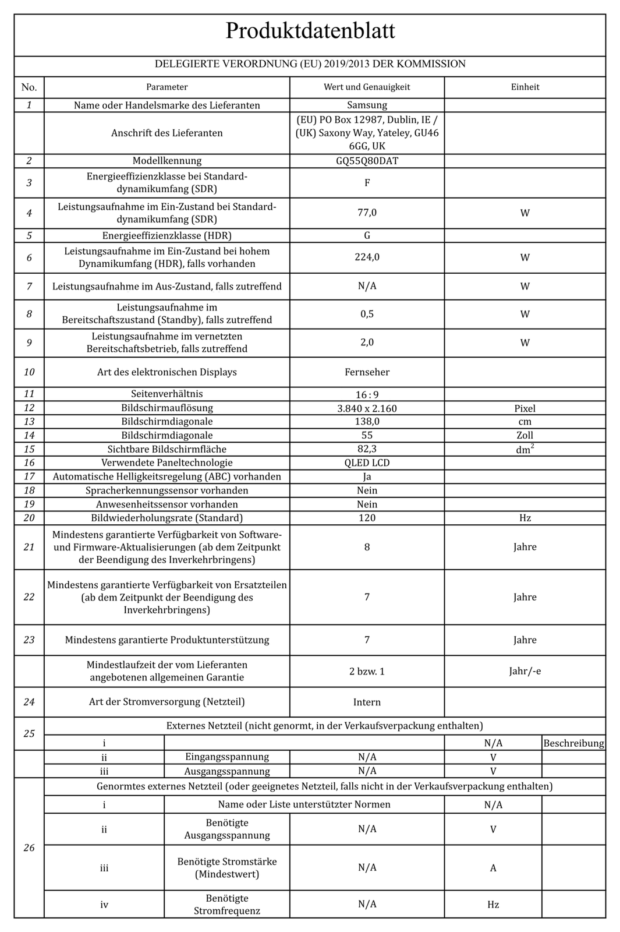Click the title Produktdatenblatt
click(310, 31)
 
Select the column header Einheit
click(525, 87)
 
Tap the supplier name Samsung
click(367, 105)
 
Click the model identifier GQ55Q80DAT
click(367, 161)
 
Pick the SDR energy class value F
click(367, 183)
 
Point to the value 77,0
click(367, 213)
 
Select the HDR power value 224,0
click(367, 257)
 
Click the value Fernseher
click(367, 372)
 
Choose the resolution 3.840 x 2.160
click(367, 408)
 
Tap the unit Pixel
click(525, 408)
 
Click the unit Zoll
click(525, 435)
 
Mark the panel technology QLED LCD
click(367, 463)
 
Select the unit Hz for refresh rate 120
click(525, 518)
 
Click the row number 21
click(29, 547)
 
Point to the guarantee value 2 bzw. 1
click(367, 671)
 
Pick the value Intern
click(367, 702)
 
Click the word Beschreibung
click(573, 743)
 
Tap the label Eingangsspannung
click(227, 757)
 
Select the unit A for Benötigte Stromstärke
click(493, 868)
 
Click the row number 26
click(29, 848)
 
